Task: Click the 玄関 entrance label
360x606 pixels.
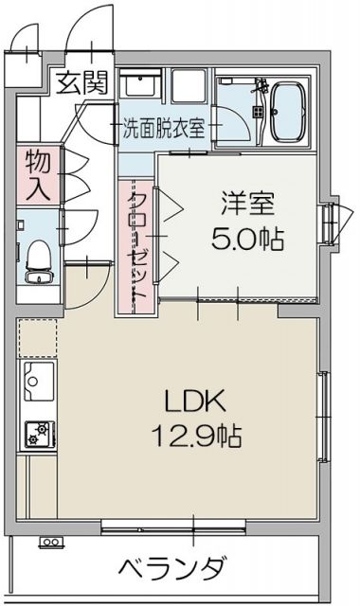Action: (x=83, y=84)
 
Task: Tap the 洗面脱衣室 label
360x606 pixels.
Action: (x=164, y=129)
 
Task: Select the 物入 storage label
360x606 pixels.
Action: (x=38, y=174)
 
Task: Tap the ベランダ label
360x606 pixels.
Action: (x=173, y=568)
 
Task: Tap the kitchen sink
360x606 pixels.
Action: (x=37, y=384)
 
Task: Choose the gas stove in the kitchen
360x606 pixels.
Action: (x=39, y=432)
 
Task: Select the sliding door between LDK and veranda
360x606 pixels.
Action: (x=194, y=524)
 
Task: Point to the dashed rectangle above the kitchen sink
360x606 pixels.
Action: (x=37, y=336)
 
